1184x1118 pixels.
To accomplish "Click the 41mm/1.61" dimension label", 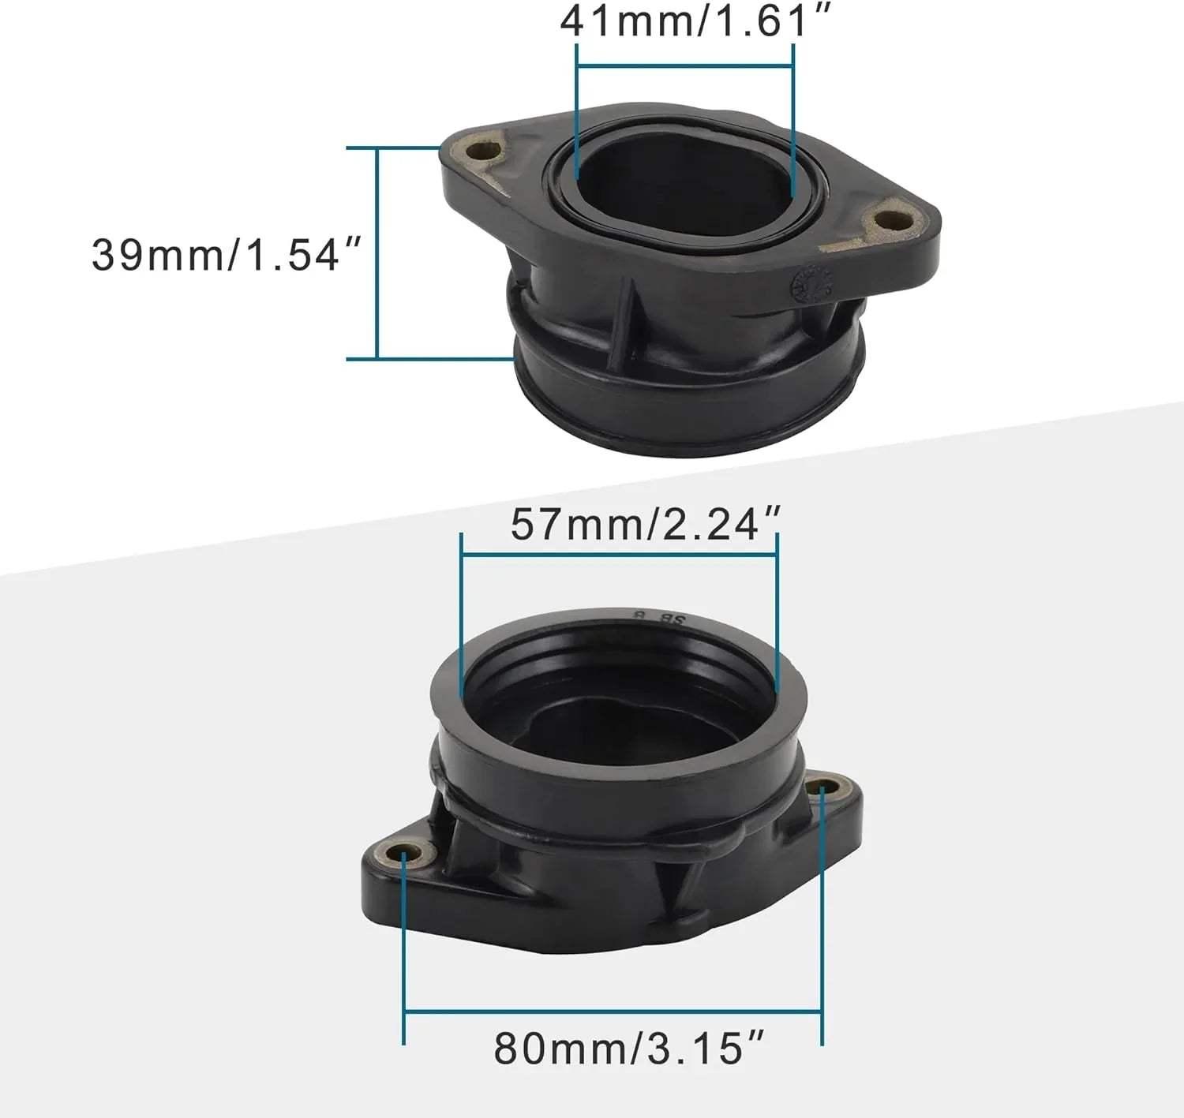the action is coord(695,22).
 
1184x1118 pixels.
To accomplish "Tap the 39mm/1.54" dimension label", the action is coord(227,255).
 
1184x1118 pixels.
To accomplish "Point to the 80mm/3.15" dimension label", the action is coord(629,1049).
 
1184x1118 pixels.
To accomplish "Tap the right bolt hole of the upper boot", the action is coord(893,222).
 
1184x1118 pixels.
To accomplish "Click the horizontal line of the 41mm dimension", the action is coord(685,65).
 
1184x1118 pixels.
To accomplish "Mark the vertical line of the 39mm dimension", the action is coord(377,253).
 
